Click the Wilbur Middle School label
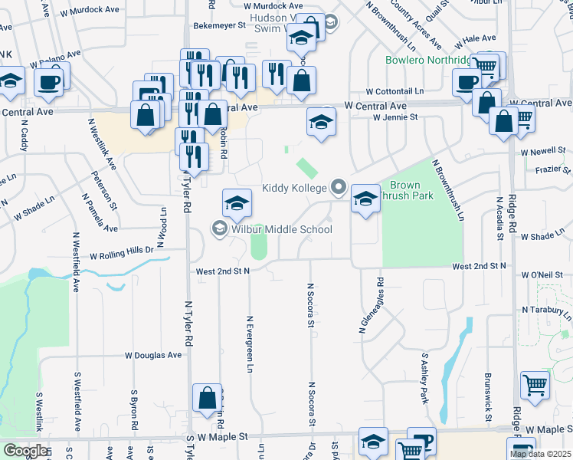tap(280, 229)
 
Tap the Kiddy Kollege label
tap(295, 188)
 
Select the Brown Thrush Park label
tap(411, 190)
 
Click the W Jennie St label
tap(395, 117)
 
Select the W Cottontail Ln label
tap(395, 91)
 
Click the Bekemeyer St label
tap(218, 25)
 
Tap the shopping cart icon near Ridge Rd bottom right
tap(535, 385)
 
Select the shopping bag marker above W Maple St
tap(207, 399)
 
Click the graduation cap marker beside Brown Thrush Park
tap(366, 200)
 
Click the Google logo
tap(25, 452)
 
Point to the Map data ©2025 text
tap(540, 454)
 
